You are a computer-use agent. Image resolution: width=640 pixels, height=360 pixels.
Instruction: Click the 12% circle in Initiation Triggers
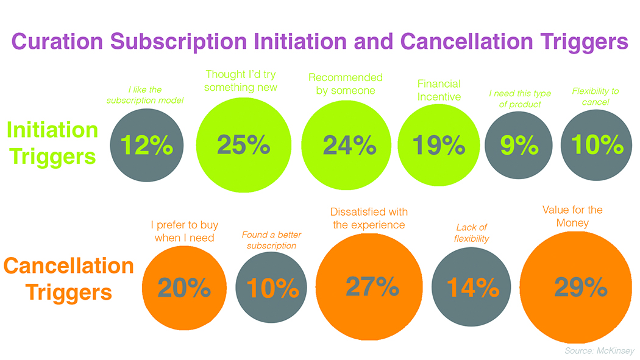[x=147, y=145]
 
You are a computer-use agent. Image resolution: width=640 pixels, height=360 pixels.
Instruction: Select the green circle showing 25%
[x=243, y=144]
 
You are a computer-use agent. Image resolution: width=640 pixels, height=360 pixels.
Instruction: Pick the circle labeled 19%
[x=438, y=144]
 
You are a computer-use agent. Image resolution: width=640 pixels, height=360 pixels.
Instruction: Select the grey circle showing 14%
[x=472, y=288]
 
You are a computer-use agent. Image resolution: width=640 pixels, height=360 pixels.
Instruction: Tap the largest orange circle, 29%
[x=580, y=287]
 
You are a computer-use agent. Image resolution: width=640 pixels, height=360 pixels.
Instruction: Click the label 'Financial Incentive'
[x=438, y=90]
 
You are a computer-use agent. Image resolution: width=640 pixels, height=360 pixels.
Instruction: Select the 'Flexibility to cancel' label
[x=595, y=96]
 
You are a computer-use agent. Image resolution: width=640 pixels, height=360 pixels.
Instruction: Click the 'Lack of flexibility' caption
[x=471, y=233]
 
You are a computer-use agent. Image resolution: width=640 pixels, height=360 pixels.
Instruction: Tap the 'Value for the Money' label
[x=572, y=216]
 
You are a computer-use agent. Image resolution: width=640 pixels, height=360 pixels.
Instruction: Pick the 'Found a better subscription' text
[x=271, y=240]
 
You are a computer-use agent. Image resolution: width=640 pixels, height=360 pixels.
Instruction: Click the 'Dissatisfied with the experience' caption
[x=369, y=218]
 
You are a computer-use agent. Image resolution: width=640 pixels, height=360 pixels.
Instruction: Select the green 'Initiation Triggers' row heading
[x=52, y=143]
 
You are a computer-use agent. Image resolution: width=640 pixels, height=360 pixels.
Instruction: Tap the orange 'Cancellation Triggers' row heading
[x=68, y=279]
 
